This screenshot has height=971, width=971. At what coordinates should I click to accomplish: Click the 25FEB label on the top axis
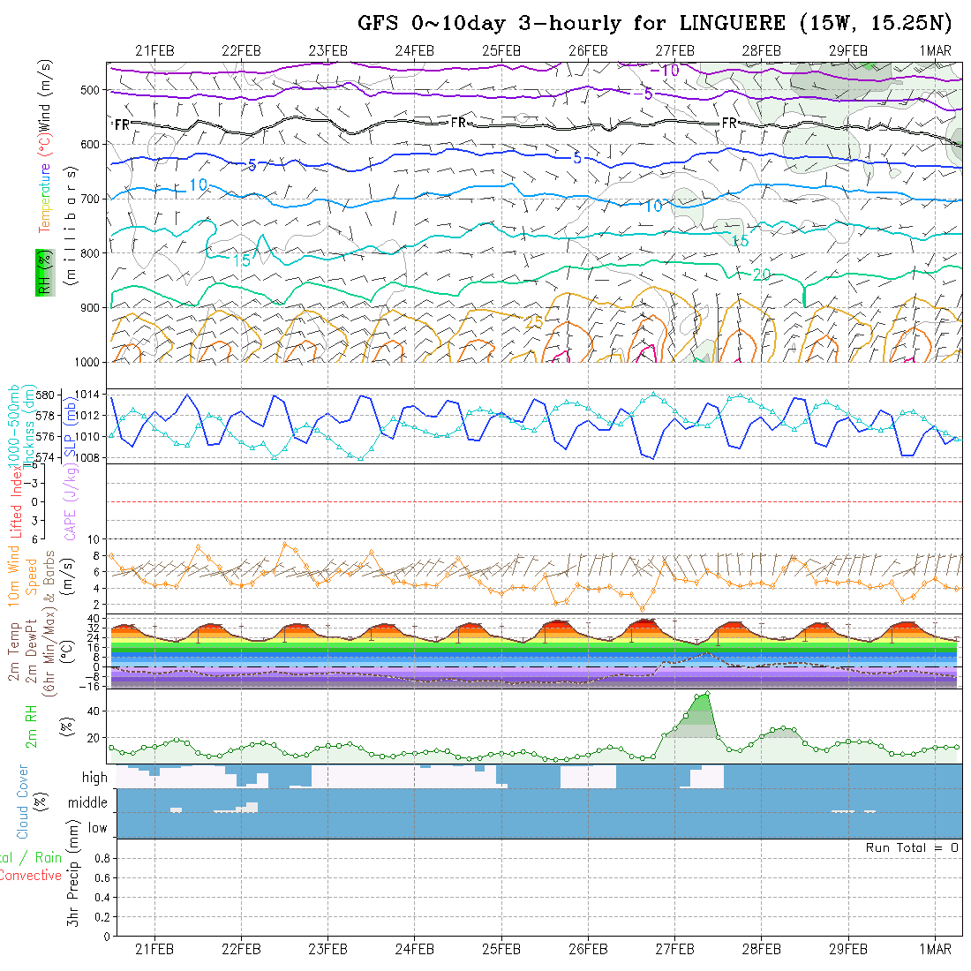coord(501,50)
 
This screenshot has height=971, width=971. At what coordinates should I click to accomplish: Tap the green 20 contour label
coord(761,275)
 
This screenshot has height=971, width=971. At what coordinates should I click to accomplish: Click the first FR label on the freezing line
coord(122,125)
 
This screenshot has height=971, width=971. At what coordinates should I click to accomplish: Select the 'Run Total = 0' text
coord(912,847)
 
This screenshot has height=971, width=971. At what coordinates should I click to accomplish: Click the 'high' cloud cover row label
coord(94,778)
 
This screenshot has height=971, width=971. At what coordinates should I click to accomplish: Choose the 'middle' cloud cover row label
coord(88,803)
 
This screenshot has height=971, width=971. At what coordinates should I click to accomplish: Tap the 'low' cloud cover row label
coord(97,828)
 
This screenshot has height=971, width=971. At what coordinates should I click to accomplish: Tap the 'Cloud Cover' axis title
coord(23,802)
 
